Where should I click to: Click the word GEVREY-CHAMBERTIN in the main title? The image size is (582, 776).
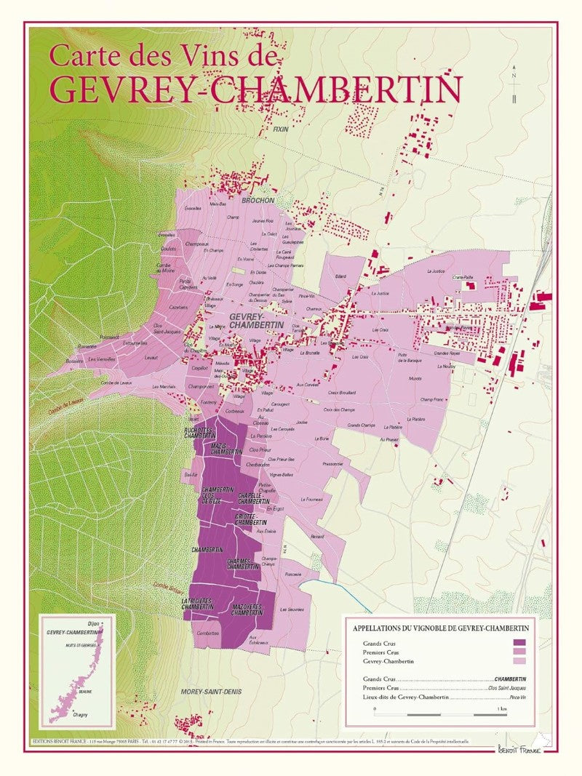pyautogui.click(x=256, y=89)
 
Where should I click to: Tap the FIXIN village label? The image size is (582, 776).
pyautogui.click(x=281, y=129)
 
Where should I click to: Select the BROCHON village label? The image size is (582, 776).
pyautogui.click(x=258, y=200)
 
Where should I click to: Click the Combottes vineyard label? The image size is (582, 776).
pyautogui.click(x=209, y=633)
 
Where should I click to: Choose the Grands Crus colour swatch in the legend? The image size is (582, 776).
pyautogui.click(x=519, y=642)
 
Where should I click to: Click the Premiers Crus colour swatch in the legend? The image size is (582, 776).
pyautogui.click(x=519, y=652)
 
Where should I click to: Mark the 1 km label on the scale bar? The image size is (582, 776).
pyautogui.click(x=502, y=708)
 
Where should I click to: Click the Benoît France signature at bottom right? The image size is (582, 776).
pyautogui.click(x=519, y=749)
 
